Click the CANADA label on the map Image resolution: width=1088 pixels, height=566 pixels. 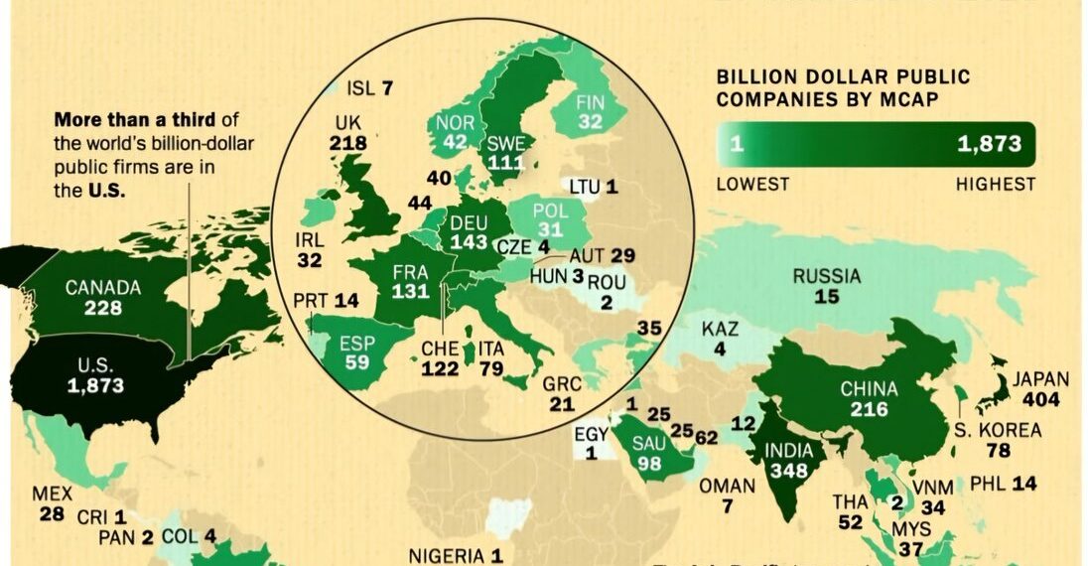click(x=103, y=288)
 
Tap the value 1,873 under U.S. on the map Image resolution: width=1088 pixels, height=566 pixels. click(x=96, y=386)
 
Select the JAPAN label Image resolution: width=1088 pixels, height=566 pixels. click(x=1040, y=379)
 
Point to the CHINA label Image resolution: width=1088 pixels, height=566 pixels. click(x=869, y=388)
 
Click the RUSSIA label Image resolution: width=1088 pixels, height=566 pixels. click(x=826, y=276)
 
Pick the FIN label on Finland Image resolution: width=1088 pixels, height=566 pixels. click(x=591, y=101)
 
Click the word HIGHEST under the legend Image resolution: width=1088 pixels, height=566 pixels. click(x=995, y=184)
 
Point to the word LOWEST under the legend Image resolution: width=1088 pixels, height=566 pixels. click(x=752, y=184)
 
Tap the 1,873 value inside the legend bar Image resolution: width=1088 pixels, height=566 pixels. click(x=989, y=144)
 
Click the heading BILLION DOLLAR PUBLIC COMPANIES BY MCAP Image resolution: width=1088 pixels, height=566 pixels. click(x=843, y=87)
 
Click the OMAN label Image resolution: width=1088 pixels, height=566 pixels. click(x=727, y=487)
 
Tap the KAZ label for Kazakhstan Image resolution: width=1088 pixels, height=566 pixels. click(x=720, y=329)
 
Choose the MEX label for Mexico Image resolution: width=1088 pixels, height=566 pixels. click(x=52, y=494)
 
